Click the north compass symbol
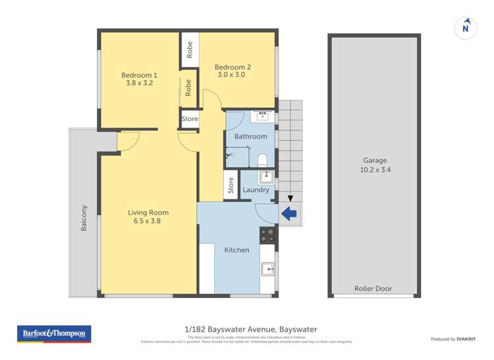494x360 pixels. pos(466,28)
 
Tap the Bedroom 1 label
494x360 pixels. pos(139,74)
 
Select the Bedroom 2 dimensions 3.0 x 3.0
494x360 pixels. pos(232,75)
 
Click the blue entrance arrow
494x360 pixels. pos(288,213)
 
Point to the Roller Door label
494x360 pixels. pos(373,288)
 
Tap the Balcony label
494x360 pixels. pos(84,218)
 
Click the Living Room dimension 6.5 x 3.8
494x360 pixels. pos(148,221)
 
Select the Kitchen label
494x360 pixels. pos(236,250)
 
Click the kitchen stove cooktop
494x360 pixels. pos(267,234)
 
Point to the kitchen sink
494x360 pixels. pos(267,268)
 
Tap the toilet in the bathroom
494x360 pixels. pos(262,159)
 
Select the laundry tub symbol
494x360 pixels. pos(265,176)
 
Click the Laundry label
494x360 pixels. pos(256,190)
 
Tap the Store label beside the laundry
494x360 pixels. pos(231,186)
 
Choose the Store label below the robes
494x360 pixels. pos(190,119)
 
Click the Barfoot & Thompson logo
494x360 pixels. pos(55,334)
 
